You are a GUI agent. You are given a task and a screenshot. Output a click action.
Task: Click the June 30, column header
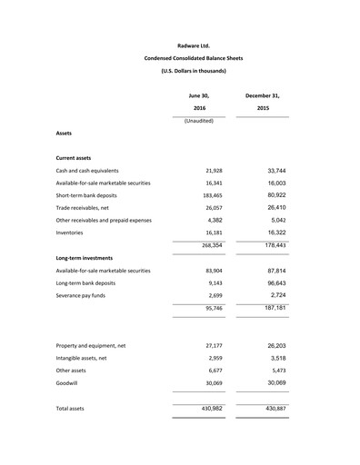click(x=199, y=94)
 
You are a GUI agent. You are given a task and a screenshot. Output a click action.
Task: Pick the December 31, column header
click(x=263, y=94)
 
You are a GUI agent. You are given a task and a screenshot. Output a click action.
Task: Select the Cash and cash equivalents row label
click(x=87, y=171)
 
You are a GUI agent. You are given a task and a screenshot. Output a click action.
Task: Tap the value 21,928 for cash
click(x=208, y=171)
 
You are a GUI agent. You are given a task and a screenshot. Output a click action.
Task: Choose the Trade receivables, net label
click(x=89, y=208)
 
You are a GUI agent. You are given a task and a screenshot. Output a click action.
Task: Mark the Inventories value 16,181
click(x=208, y=232)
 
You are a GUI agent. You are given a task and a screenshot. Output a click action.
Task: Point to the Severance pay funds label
click(x=84, y=296)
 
